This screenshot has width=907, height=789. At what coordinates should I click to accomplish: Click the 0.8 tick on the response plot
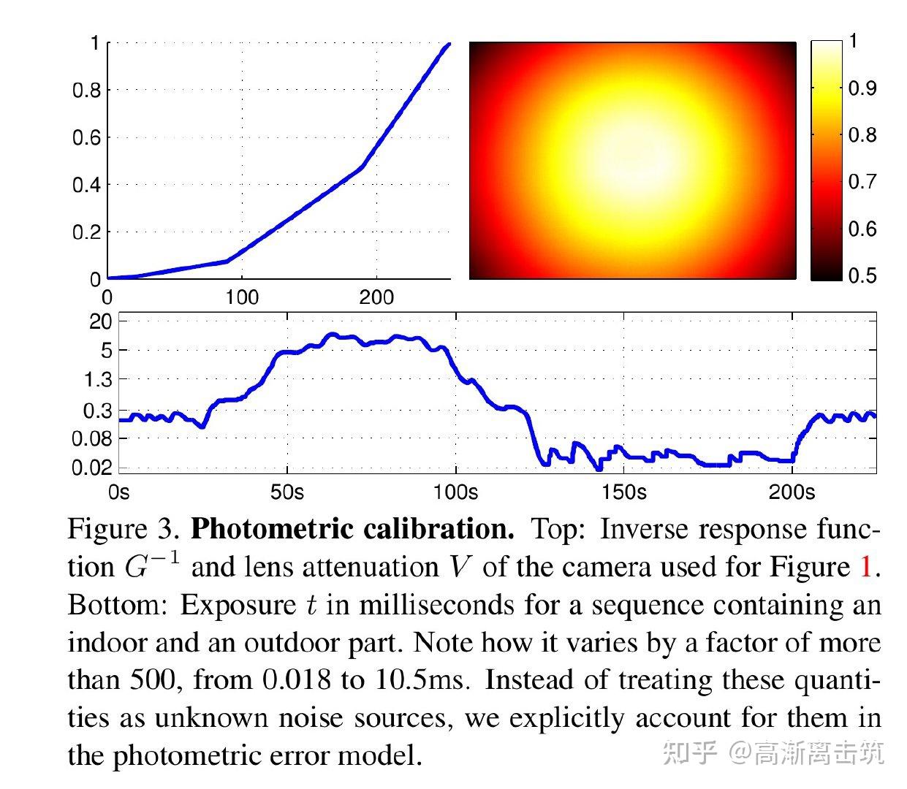(x=86, y=91)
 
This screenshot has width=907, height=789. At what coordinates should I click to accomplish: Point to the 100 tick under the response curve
(x=242, y=297)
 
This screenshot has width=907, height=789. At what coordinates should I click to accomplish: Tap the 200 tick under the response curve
(x=376, y=297)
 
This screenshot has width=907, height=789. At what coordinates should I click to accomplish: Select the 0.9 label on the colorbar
(x=862, y=88)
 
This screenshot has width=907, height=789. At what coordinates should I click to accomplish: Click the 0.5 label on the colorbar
(x=862, y=275)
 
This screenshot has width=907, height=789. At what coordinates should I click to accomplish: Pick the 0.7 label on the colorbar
(x=862, y=182)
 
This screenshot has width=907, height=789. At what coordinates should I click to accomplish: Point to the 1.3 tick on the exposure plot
(x=98, y=380)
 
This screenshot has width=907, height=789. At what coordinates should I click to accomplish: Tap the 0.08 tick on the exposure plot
(x=92, y=439)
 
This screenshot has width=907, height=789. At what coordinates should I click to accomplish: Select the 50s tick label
(x=287, y=492)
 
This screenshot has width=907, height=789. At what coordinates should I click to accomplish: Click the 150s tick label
(x=624, y=492)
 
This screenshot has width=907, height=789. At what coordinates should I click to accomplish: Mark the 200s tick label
(x=792, y=492)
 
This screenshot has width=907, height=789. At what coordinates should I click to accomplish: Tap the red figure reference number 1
(x=866, y=568)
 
